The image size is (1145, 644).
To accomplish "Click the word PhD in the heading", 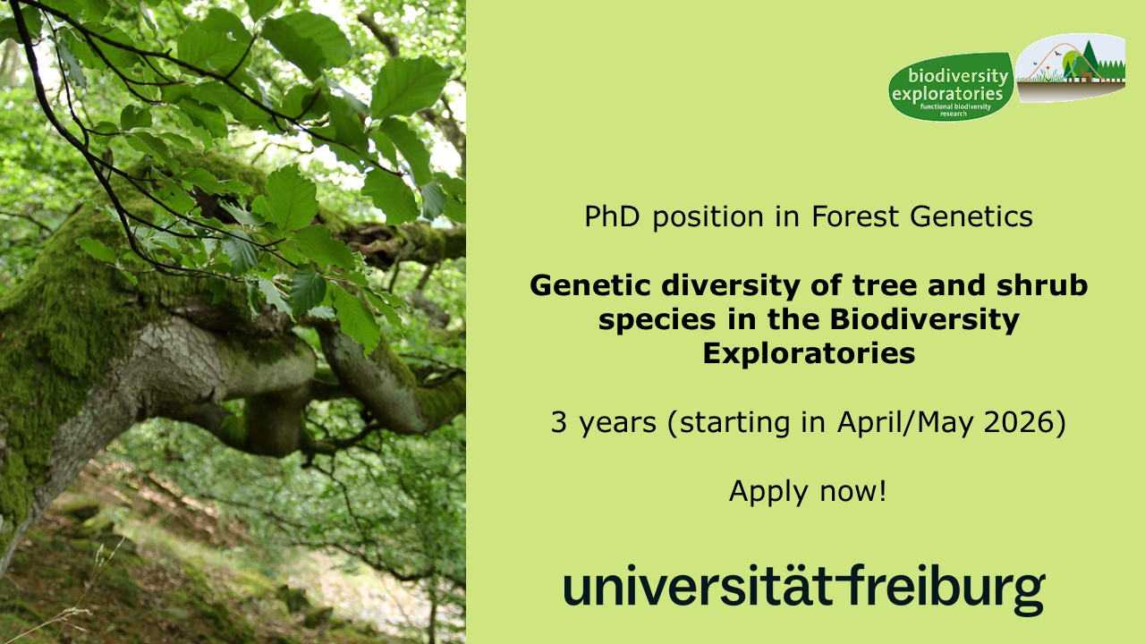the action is click(612, 216).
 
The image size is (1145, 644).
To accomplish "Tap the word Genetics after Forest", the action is click(971, 216).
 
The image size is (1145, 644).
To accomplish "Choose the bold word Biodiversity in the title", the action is click(924, 320).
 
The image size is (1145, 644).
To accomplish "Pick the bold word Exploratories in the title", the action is click(809, 353).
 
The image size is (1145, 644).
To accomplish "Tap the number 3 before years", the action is click(559, 423).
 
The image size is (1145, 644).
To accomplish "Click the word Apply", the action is click(768, 492).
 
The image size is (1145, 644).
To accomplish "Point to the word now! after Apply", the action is click(853, 491).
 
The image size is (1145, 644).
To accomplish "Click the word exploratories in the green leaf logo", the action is click(947, 95).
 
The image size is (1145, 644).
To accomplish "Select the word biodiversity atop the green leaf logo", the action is click(958, 76).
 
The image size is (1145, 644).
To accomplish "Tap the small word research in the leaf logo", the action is click(954, 114).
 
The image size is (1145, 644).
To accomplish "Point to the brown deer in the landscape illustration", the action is click(1086, 74).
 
